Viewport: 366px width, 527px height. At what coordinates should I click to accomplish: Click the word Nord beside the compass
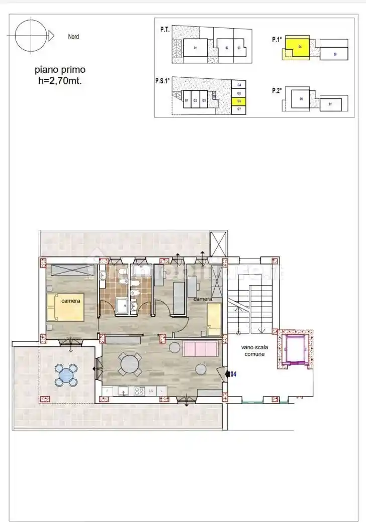(73, 37)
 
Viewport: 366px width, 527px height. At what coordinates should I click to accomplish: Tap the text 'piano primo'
(60, 70)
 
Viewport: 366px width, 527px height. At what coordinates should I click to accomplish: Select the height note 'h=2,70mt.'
(60, 80)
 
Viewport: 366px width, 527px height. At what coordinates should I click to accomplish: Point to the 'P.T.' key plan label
(165, 30)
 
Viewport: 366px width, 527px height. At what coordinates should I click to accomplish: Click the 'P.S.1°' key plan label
(163, 80)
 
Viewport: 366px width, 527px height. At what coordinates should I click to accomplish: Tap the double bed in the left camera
(66, 307)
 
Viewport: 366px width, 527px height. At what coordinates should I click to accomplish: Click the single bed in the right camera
(214, 318)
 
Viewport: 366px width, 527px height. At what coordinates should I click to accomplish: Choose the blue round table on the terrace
(66, 375)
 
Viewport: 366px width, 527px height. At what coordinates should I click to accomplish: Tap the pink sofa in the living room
(201, 348)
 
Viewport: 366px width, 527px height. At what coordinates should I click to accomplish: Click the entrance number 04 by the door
(233, 374)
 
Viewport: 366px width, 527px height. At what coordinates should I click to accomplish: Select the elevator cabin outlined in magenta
(294, 350)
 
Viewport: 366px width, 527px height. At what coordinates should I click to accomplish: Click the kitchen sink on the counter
(124, 391)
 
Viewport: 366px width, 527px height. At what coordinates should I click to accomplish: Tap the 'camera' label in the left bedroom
(70, 301)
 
